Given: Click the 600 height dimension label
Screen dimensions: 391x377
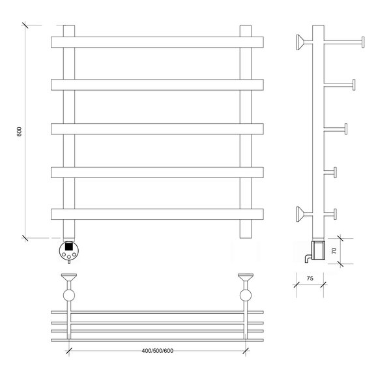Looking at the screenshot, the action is tap(19, 132).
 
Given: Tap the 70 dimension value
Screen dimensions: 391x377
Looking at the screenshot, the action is tap(334, 250).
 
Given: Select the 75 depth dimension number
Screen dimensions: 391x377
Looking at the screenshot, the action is tap(310, 279).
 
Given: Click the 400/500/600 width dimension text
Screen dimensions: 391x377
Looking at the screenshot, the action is tap(157, 350).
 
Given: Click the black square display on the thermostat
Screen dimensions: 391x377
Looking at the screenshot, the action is tap(69, 247).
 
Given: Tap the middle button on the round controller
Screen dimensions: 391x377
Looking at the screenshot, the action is tap(69, 257).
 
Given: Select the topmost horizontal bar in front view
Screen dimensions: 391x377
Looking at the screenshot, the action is tap(157, 42).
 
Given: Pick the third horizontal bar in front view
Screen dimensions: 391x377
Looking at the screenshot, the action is tap(157, 129).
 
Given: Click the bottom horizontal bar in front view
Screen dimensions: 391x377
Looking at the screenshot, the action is tap(157, 214).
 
